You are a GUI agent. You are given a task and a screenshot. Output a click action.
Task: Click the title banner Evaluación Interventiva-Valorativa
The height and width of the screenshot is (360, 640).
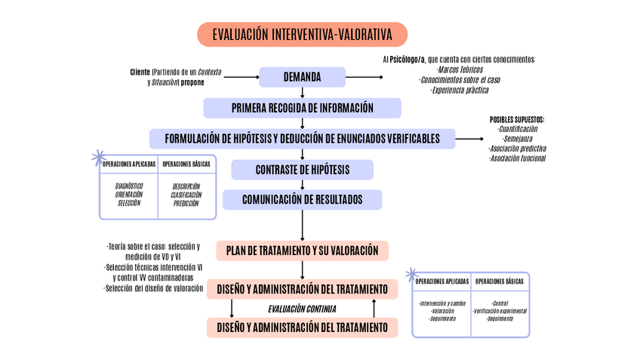coord(302,35)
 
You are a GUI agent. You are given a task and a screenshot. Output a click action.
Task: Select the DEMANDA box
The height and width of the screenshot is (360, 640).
coord(302,77)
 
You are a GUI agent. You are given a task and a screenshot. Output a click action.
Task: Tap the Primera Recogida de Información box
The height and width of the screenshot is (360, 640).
coord(302,108)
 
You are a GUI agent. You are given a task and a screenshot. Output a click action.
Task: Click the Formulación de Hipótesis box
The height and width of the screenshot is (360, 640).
coord(302,139)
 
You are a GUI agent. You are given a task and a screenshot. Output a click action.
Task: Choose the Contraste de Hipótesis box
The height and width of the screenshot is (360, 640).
coord(302,169)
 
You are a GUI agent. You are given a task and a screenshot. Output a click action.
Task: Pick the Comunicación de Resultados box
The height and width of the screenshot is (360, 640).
coord(302,200)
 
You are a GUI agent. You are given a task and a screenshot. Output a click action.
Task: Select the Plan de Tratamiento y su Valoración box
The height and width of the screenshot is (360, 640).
coord(302,251)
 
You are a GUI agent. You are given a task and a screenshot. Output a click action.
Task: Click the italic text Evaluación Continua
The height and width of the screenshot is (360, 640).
coord(302,309)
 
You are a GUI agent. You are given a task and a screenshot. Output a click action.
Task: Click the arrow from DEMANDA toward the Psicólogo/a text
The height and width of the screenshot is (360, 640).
coord(365,77)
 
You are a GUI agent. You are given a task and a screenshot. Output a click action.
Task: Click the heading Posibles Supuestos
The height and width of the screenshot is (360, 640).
coord(517,119)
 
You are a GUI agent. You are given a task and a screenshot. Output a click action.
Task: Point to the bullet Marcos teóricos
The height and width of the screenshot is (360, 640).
coord(460,69)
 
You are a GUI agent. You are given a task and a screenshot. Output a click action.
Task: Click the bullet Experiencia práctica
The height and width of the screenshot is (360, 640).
coord(460,90)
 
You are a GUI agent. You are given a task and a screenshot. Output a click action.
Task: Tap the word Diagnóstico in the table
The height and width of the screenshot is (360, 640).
coord(129,186)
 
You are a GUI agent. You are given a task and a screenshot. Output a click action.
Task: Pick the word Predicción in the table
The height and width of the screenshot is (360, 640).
coord(186,203)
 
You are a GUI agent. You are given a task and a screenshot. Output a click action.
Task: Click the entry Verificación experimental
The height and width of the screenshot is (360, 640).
coord(499,311)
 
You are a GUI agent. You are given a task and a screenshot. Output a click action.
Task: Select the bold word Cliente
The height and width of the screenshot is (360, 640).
coord(140,72)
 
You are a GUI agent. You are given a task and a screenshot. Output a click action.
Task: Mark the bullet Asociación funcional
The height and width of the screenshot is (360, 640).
coord(517,158)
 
